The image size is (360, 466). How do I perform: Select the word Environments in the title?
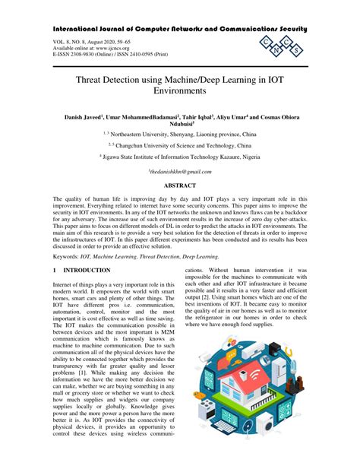[x=179, y=90]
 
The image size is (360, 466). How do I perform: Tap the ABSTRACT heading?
[x=180, y=185]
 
